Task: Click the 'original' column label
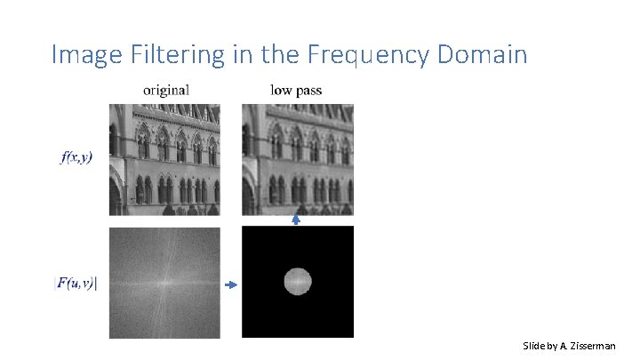(165, 89)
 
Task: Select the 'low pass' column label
(296, 89)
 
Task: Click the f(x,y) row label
(76, 157)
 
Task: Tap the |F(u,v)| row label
(76, 284)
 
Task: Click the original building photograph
(164, 159)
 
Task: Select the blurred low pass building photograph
(297, 159)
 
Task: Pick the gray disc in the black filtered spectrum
(298, 282)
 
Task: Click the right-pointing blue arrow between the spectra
(231, 284)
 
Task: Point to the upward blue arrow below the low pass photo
(297, 219)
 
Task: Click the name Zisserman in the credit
(592, 346)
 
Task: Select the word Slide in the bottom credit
(537, 346)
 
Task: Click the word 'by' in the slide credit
(557, 346)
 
